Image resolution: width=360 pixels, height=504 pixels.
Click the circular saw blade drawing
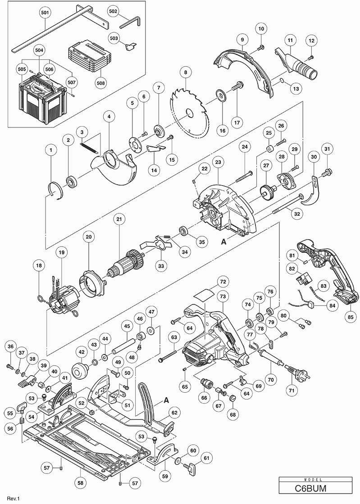pos(188,113)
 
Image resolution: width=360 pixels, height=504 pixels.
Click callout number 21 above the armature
pos(118,219)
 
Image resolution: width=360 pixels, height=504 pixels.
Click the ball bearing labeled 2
pos(71,182)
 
